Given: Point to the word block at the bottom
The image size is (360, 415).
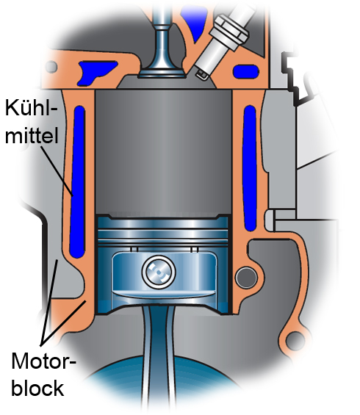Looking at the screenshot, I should click(37, 387).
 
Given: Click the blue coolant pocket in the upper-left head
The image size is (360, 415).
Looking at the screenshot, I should click(91, 70).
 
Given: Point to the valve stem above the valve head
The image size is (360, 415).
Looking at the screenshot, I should click(162, 29).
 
